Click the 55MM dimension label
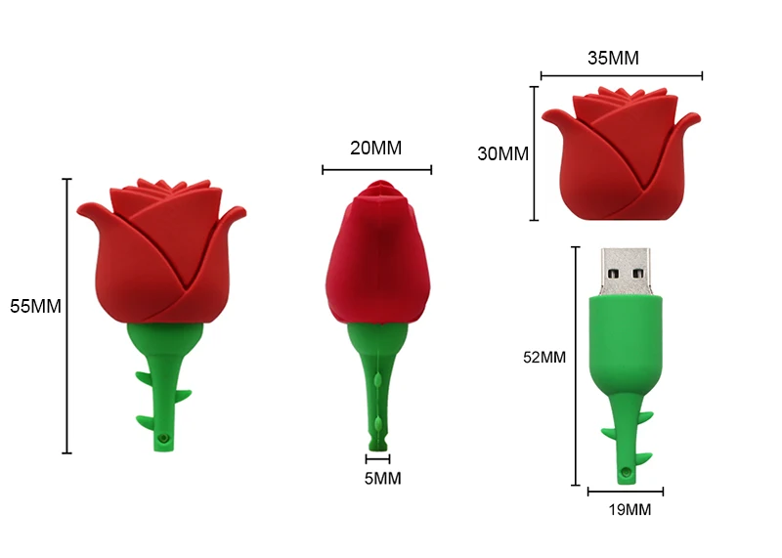(x=35, y=306)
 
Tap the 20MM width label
(x=376, y=149)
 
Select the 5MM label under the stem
(x=382, y=479)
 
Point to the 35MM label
(x=613, y=58)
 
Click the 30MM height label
(x=502, y=153)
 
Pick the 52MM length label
(x=544, y=357)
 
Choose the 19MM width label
(x=630, y=510)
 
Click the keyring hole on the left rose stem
(x=162, y=439)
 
